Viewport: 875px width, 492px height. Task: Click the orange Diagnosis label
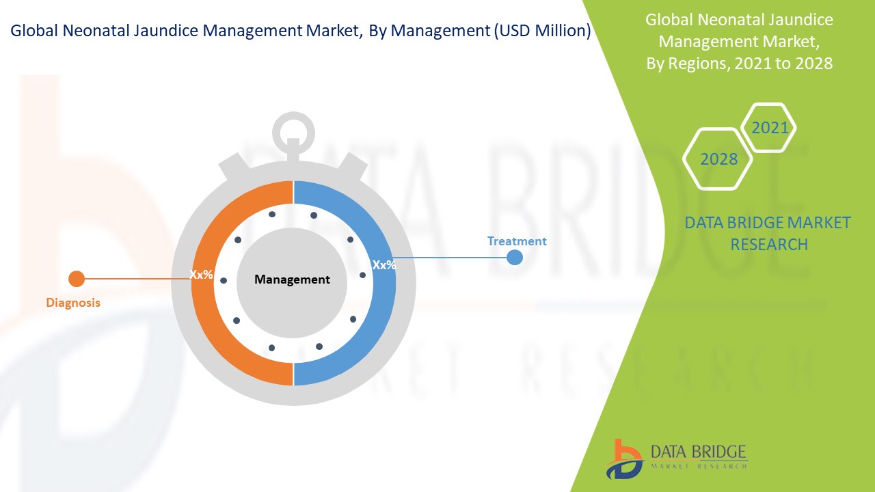73,303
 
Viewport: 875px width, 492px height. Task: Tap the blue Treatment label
516,241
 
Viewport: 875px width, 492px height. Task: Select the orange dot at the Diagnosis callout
77,279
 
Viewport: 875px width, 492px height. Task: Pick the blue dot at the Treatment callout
515,258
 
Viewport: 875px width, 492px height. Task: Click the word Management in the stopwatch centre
292,279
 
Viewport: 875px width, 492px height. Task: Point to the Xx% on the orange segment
201,275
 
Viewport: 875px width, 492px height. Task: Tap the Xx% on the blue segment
384,265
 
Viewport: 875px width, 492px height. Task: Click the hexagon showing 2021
768,127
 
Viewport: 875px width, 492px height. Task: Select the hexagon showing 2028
718,159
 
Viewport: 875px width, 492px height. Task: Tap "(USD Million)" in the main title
543,31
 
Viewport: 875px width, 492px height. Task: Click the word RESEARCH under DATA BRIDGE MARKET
769,245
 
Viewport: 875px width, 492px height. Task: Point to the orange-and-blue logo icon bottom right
624,459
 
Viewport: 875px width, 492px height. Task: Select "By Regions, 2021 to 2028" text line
739,64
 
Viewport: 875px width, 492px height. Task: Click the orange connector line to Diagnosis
137,279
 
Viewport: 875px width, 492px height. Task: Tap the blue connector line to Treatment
451,258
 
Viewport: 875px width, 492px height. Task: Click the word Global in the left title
34,31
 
